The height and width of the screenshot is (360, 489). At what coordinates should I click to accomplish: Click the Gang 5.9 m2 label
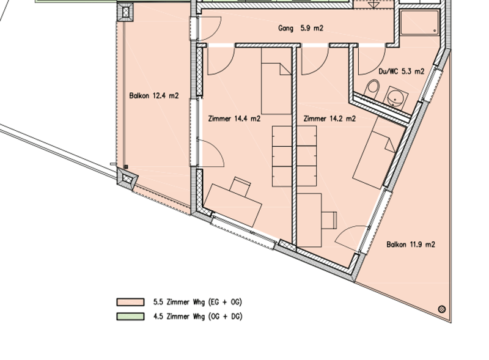pyautogui.click(x=301, y=28)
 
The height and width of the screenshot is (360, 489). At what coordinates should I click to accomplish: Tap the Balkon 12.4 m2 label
pyautogui.click(x=154, y=95)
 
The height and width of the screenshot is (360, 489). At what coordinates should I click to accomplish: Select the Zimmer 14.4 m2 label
pyautogui.click(x=234, y=119)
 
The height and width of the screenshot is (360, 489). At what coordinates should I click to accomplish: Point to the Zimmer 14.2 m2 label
pyautogui.click(x=329, y=119)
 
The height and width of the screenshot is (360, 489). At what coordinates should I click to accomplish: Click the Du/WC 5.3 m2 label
pyautogui.click(x=402, y=72)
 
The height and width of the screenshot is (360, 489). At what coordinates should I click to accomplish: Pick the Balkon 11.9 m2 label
pyautogui.click(x=410, y=244)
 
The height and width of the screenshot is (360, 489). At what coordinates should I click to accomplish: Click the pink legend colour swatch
pyautogui.click(x=130, y=302)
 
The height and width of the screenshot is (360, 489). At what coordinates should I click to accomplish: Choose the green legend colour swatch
pyautogui.click(x=130, y=317)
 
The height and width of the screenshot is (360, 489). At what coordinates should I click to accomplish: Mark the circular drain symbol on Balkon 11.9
pyautogui.click(x=442, y=309)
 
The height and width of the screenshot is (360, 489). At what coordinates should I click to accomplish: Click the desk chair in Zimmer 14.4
pyautogui.click(x=240, y=186)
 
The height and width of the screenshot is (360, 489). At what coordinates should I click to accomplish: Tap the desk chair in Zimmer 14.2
pyautogui.click(x=329, y=220)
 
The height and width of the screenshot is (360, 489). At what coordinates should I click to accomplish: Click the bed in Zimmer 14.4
pyautogui.click(x=276, y=81)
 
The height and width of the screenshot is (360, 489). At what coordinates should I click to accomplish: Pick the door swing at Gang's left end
pyautogui.click(x=210, y=29)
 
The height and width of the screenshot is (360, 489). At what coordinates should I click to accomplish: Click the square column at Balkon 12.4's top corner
pyautogui.click(x=125, y=12)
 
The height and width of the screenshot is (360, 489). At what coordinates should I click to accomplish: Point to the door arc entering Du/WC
pyautogui.click(x=372, y=61)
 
